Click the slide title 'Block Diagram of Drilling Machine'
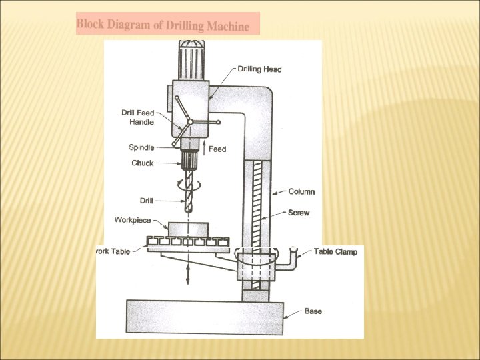point(163,25)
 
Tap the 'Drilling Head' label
point(259,69)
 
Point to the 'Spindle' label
point(141,147)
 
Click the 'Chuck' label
point(142,163)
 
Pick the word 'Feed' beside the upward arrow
point(217,149)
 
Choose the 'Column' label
point(301,191)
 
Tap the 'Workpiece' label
point(133,220)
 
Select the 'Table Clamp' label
point(335,251)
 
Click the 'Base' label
point(313,311)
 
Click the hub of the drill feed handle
point(191,121)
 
